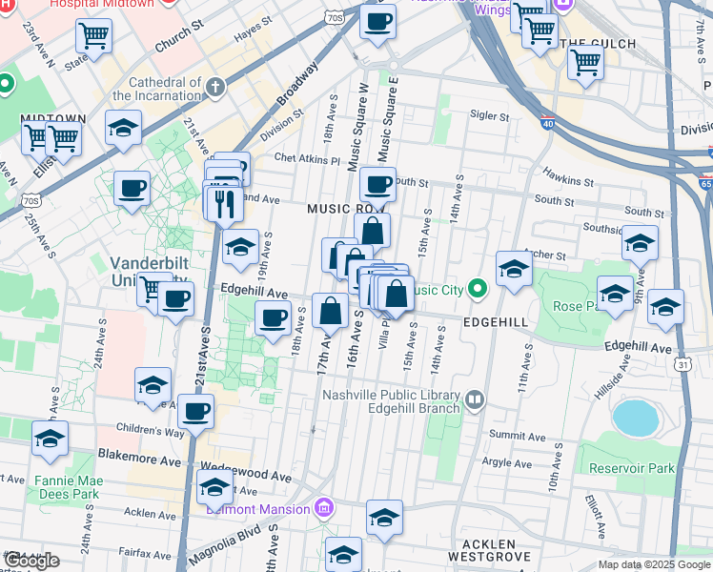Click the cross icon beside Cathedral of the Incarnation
point(215,88)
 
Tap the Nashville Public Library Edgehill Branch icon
point(474,397)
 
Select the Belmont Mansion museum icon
point(324,509)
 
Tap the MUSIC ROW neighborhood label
point(343,208)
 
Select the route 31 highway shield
point(682,364)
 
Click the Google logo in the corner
point(31,561)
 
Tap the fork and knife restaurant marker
point(224,204)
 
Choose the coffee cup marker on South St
point(377,184)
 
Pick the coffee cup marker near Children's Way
point(195,412)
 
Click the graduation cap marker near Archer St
point(514,269)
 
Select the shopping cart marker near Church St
point(94,36)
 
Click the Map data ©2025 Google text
point(654,564)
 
